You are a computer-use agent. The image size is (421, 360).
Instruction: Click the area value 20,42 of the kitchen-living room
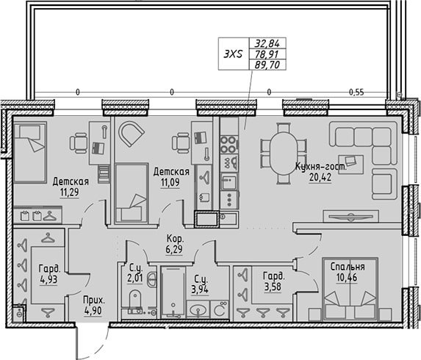pos(320,177)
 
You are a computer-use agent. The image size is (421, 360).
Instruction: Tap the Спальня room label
pos(348,267)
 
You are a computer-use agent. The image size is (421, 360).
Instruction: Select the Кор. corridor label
pos(175,238)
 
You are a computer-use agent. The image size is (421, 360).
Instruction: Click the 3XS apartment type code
pos(233,54)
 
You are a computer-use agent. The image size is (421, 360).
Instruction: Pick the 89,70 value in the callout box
pos(267,65)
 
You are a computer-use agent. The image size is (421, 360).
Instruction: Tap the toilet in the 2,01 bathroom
pos(135,299)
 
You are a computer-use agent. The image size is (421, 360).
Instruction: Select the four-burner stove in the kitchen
pos(229,145)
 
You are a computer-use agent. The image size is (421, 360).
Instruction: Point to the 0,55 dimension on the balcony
pos(356,93)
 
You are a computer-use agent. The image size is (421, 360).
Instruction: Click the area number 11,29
pos(70,192)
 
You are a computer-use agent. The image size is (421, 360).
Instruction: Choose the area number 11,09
pos(170,182)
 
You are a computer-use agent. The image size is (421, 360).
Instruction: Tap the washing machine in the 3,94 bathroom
pos(220,309)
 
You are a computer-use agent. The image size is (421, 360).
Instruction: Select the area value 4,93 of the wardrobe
pos(48,280)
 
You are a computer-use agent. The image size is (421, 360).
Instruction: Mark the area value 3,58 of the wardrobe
pos(273,287)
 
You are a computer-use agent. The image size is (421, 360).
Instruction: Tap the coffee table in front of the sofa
pos(351,165)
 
